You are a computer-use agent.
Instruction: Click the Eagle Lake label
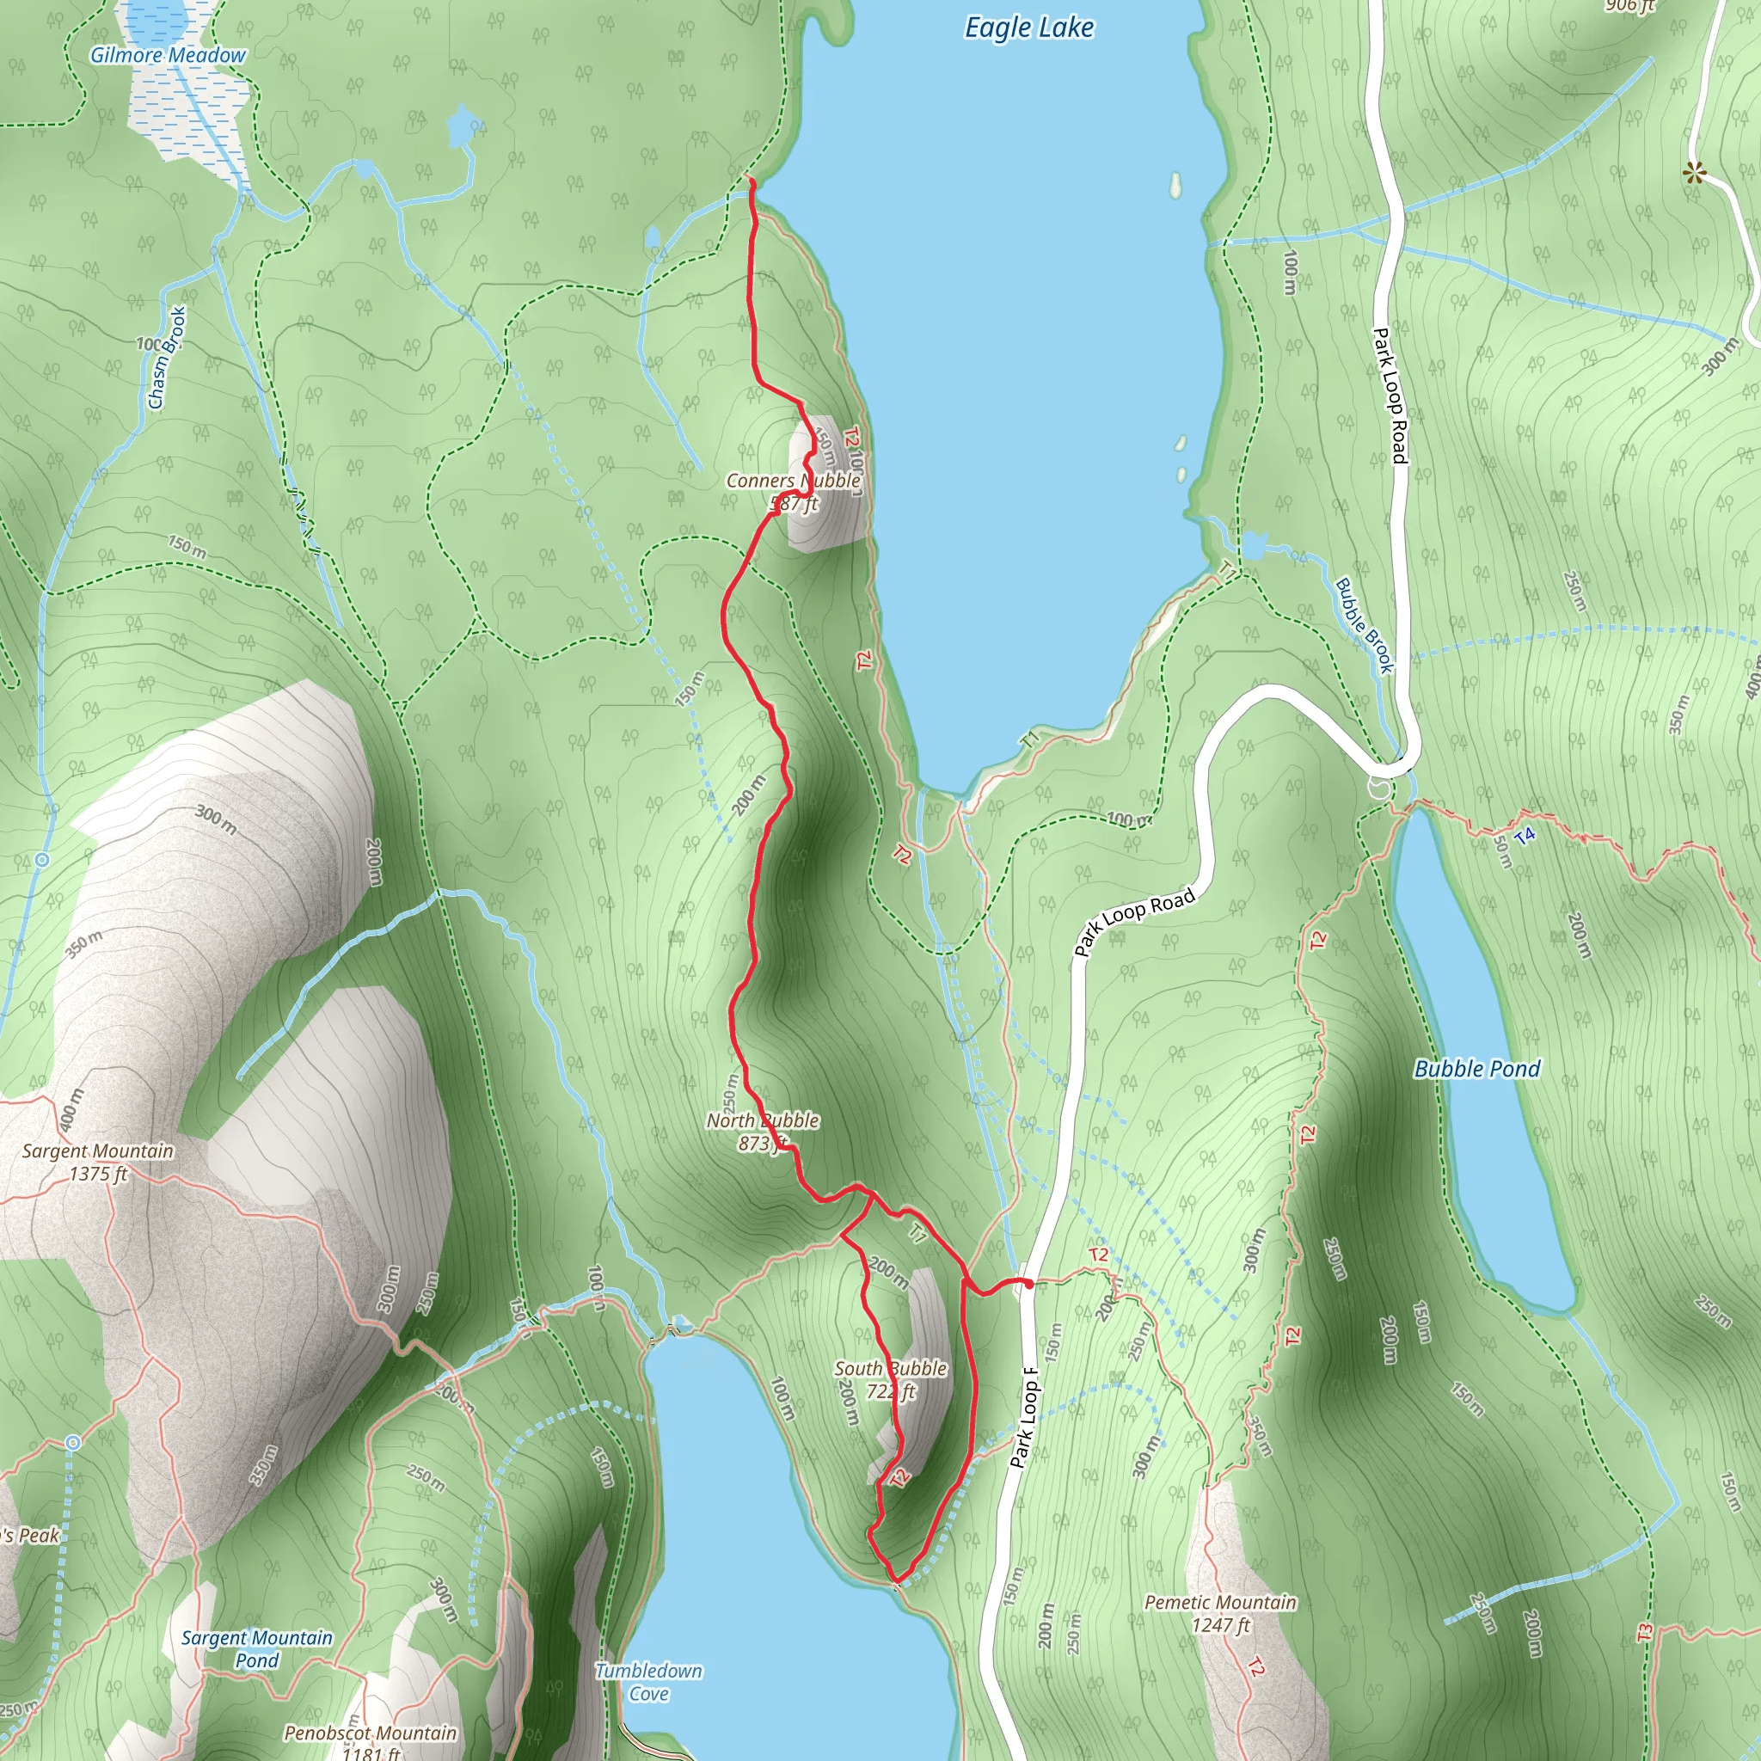[1029, 28]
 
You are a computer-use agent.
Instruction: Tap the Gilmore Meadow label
[168, 56]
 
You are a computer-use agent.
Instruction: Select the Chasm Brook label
[168, 358]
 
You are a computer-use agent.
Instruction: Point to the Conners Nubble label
[793, 481]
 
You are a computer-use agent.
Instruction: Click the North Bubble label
[763, 1120]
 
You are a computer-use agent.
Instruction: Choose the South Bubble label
[891, 1368]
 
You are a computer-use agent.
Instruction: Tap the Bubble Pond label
[1476, 1069]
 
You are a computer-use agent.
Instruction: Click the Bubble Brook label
[1365, 625]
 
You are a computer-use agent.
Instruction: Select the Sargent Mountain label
[97, 1151]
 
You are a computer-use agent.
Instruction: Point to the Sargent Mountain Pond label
[257, 1649]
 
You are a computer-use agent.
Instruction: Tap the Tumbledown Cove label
[648, 1682]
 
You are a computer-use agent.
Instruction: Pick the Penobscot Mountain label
[370, 1733]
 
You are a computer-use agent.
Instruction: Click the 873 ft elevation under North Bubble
[762, 1143]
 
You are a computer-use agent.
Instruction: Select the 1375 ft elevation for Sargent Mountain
[97, 1174]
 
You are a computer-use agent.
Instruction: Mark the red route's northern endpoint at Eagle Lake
[751, 181]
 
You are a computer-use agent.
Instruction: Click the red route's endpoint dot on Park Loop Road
[1029, 1284]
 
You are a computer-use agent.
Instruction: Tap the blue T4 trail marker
[1524, 835]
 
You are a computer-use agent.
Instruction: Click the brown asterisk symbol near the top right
[1695, 172]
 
